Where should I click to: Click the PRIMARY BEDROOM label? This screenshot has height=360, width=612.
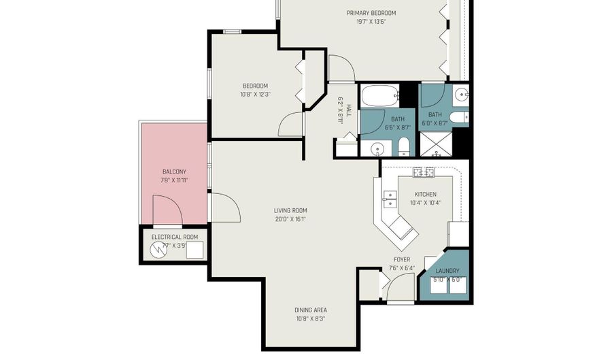(371, 13)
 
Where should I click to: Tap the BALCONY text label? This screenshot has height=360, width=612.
(174, 171)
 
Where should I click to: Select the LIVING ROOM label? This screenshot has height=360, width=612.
(290, 210)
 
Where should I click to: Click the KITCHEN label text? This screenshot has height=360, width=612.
(425, 194)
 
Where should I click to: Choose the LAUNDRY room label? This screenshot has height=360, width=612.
(447, 271)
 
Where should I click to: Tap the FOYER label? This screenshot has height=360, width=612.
(402, 259)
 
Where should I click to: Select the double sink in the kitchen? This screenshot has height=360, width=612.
(390, 199)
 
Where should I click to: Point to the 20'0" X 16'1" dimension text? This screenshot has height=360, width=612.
(290, 219)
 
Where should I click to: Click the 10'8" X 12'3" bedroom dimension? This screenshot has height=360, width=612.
(255, 94)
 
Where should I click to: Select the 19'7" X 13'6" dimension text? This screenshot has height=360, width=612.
(371, 21)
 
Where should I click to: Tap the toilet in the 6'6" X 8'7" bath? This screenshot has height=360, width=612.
(403, 147)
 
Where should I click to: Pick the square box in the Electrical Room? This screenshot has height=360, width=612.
(195, 251)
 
